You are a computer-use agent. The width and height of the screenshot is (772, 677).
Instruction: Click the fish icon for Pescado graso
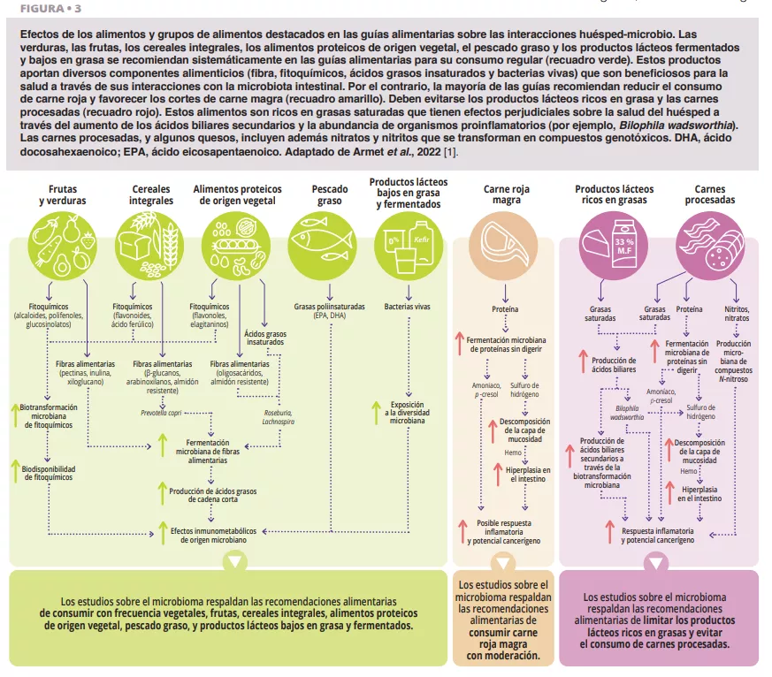pyautogui.click(x=317, y=241)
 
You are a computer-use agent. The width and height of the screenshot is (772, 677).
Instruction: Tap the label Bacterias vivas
pyautogui.click(x=408, y=307)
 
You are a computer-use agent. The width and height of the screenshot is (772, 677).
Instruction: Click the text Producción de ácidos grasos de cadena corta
pyautogui.click(x=213, y=496)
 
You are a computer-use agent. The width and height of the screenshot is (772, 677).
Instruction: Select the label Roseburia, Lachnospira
pyautogui.click(x=278, y=417)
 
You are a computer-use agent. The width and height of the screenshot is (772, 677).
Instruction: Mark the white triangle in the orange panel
pyautogui.click(x=502, y=562)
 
